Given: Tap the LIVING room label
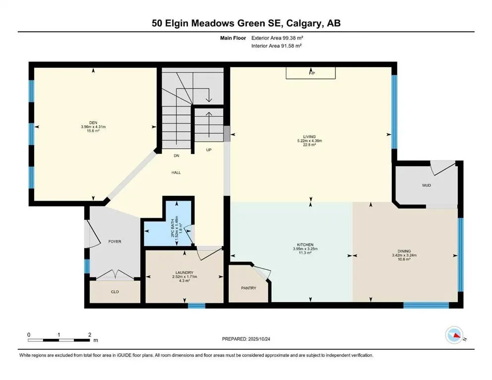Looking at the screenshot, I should tap(310, 137).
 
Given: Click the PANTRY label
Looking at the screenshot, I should tap(248, 287).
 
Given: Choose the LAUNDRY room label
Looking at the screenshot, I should tap(184, 272).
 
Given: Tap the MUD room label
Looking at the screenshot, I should tap(427, 185).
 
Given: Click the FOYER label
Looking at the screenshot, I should tap(114, 241).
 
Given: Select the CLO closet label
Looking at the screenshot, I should tap(114, 291).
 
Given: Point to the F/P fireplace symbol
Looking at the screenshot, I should tap(312, 73).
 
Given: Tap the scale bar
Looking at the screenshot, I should tap(59, 340).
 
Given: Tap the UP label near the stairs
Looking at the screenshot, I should tap(209, 149).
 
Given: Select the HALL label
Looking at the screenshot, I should tap(176, 173).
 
